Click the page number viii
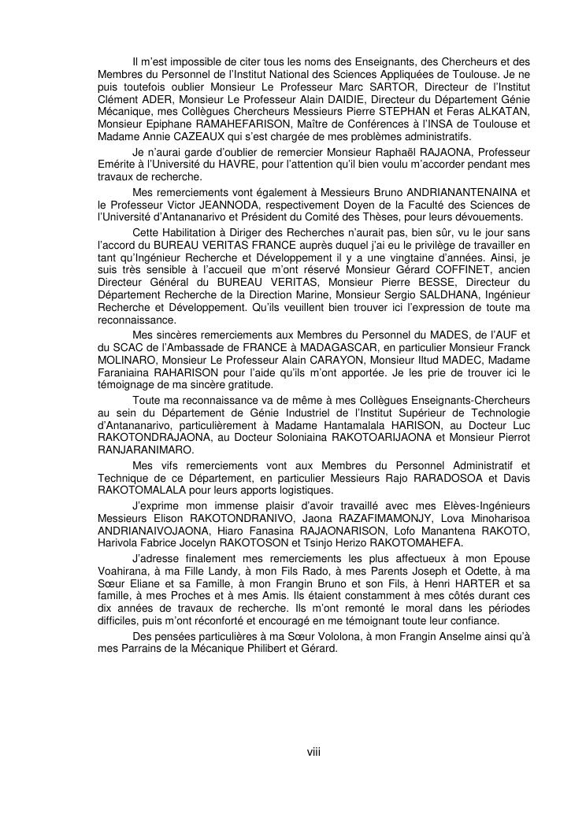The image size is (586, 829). click(x=313, y=752)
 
